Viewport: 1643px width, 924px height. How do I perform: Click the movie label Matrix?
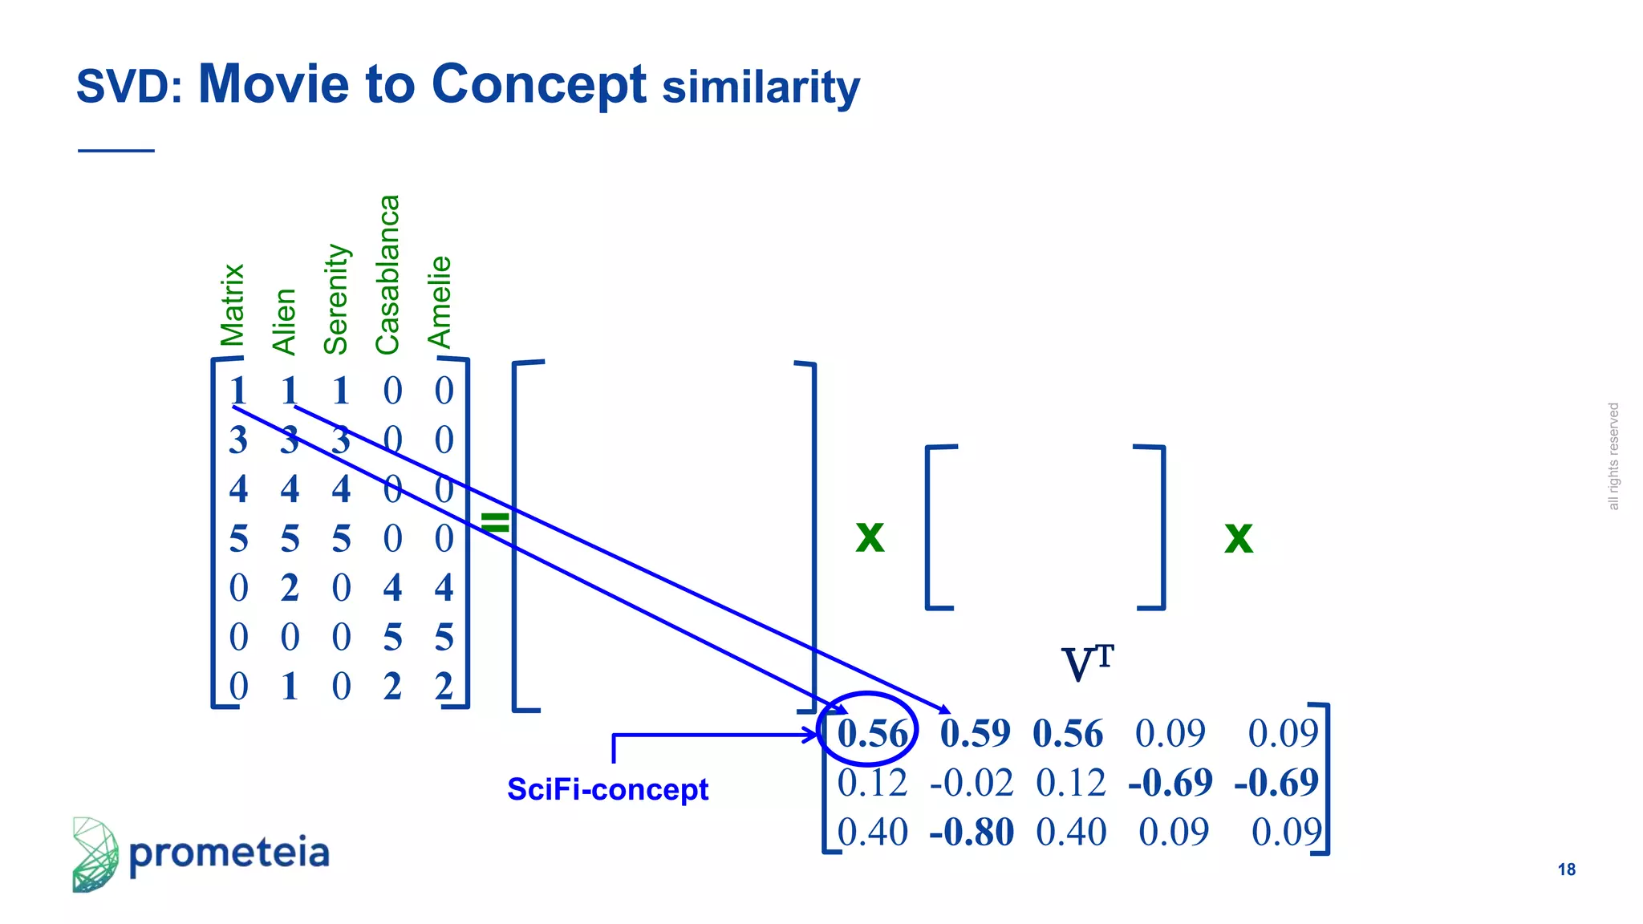pos(233,305)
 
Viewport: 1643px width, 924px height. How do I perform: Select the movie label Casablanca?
pos(387,274)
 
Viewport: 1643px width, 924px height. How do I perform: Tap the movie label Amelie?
pos(440,302)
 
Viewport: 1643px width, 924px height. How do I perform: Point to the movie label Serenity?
pos(336,299)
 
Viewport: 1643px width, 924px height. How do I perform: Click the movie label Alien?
pos(285,322)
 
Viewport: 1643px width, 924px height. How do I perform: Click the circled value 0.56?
pos(871,733)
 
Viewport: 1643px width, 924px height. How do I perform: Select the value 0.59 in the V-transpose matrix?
pos(975,733)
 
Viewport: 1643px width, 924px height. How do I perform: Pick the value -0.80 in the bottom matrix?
pos(972,832)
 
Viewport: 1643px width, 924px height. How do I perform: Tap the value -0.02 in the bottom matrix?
pos(972,783)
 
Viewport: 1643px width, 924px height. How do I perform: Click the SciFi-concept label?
pos(607,790)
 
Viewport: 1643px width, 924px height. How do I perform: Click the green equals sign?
pos(495,522)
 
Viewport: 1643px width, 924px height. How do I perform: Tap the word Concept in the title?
pos(538,84)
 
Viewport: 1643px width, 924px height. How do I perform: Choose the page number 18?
pos(1566,869)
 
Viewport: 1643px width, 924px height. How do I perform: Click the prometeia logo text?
pos(229,853)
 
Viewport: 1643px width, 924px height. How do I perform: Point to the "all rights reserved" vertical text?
pos(1613,456)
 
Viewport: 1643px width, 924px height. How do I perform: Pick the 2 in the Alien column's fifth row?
pos(290,588)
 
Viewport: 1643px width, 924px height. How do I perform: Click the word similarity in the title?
pos(761,87)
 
